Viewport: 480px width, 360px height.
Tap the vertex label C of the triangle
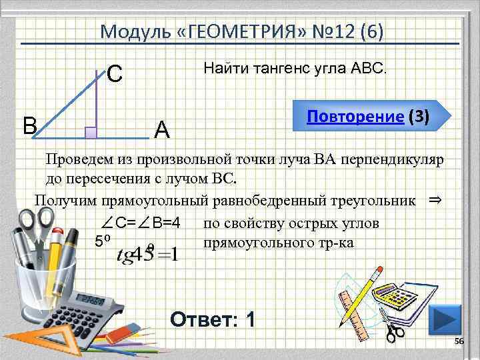pos(114,73)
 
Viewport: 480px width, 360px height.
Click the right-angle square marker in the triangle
pos(91,132)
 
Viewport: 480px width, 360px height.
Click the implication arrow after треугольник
pos(434,199)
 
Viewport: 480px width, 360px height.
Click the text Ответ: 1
pos(212,320)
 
